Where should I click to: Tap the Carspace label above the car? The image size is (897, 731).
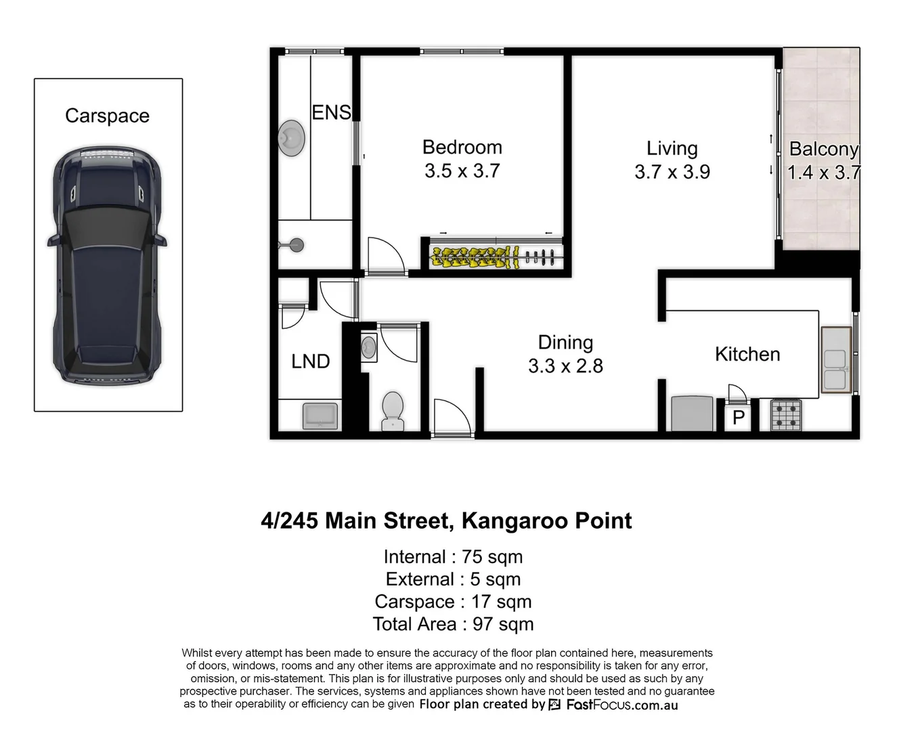[107, 116]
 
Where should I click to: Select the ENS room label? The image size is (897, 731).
[331, 112]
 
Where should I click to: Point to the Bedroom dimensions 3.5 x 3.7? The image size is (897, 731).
[462, 171]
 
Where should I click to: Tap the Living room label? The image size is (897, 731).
[672, 148]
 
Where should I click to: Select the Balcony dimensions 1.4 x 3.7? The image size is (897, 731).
[823, 172]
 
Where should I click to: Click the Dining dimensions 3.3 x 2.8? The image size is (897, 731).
[565, 366]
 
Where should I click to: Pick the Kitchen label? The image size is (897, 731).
[747, 354]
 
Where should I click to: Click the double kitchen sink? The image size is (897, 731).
[836, 360]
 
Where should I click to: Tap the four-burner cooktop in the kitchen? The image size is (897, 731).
[786, 414]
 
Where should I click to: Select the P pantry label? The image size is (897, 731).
[738, 418]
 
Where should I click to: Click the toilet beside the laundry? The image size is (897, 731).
[392, 410]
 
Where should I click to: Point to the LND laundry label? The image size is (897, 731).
[310, 361]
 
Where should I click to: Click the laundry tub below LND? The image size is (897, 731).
[321, 414]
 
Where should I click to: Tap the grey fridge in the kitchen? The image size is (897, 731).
[692, 414]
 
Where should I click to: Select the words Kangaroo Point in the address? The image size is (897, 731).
[546, 520]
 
